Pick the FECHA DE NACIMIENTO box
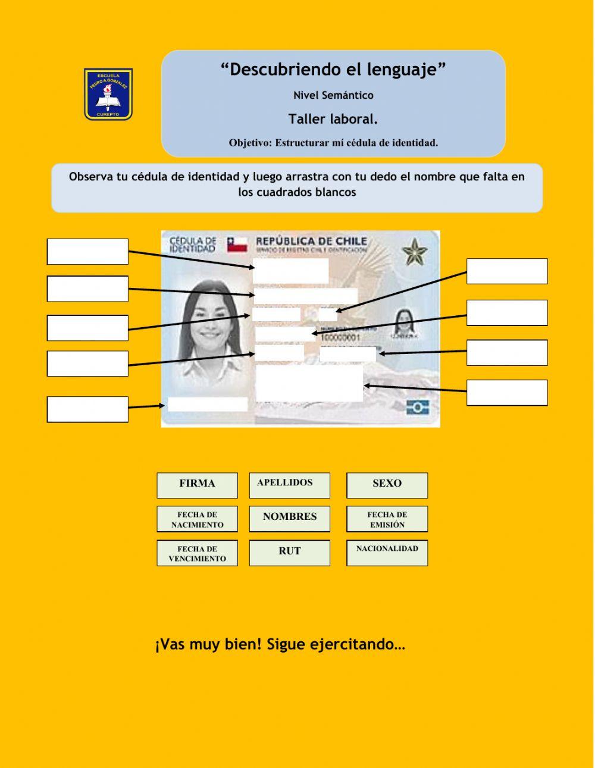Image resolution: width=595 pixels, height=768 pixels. (x=197, y=519)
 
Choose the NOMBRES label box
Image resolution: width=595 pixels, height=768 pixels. (x=289, y=518)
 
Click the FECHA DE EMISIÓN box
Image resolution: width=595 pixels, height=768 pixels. (x=387, y=519)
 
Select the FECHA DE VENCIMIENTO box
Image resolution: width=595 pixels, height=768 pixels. (x=197, y=553)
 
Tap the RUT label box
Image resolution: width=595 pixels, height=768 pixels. (x=289, y=552)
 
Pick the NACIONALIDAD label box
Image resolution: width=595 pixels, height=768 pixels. (x=387, y=552)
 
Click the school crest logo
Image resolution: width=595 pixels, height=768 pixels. (x=108, y=94)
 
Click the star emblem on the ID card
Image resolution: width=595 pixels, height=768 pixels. (x=415, y=252)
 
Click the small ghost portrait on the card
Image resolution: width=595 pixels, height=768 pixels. (x=403, y=323)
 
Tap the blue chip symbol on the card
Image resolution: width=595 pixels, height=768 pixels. (x=418, y=407)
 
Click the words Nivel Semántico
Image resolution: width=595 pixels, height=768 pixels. (x=333, y=95)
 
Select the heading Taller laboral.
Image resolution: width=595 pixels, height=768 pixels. (x=333, y=119)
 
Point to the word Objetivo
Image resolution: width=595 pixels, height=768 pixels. (x=249, y=143)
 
